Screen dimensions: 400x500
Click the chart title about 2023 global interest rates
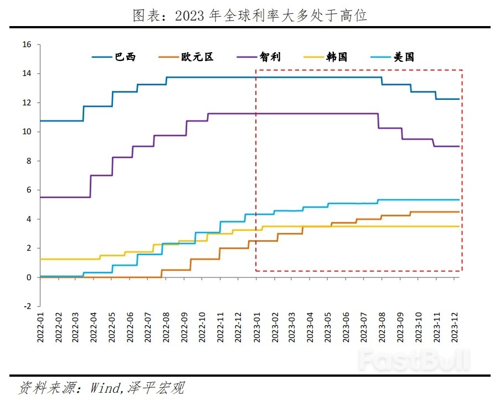pyautogui.click(x=250, y=15)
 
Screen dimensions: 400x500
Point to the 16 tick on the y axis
pyautogui.click(x=28, y=45)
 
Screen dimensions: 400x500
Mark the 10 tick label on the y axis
pyautogui.click(x=28, y=132)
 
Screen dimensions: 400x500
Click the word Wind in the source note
pyautogui.click(x=104, y=387)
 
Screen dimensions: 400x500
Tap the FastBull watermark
pyautogui.click(x=414, y=361)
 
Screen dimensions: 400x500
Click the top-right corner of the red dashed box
pyautogui.click(x=462, y=70)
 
